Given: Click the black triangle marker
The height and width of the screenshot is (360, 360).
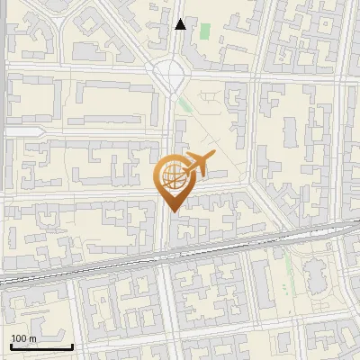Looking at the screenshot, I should [x=181, y=24].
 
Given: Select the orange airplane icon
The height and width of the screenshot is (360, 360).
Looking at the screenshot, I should [x=199, y=166].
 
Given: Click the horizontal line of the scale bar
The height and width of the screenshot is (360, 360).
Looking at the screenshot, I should [x=41, y=346].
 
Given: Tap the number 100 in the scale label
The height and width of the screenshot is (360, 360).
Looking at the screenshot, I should [x=19, y=338].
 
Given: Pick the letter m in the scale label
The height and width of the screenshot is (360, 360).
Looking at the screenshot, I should [x=32, y=339].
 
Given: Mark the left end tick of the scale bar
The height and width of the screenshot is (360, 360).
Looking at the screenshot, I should [x=11, y=345].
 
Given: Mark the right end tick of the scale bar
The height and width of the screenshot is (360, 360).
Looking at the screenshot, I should [x=72, y=345].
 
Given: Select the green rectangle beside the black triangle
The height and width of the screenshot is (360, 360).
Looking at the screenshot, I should [x=204, y=31].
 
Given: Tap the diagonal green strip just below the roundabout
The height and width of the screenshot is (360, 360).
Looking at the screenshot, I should [x=185, y=105].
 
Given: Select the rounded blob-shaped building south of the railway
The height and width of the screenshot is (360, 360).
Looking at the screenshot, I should [x=317, y=274].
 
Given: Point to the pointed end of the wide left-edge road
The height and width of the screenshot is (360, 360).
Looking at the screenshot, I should [x=4, y=132].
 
